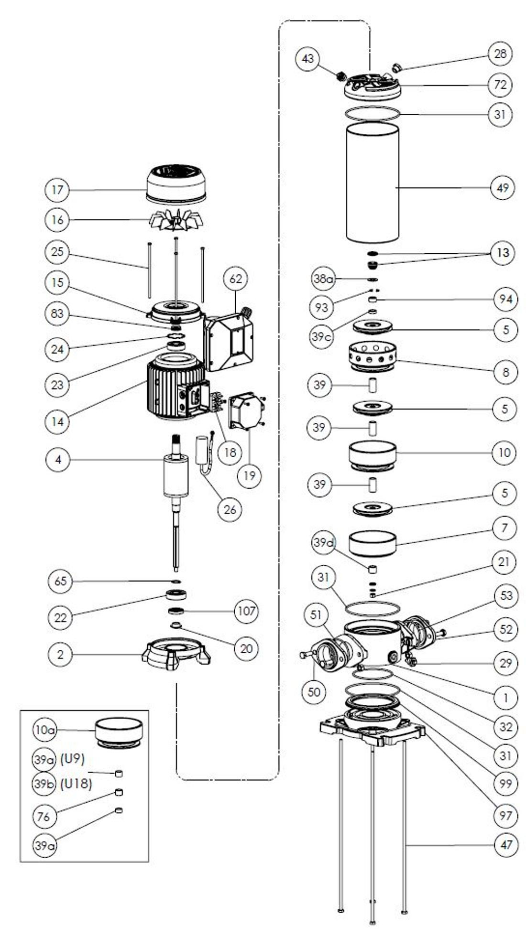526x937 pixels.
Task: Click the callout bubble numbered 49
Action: pos(503,188)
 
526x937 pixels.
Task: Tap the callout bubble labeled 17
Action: pos(57,190)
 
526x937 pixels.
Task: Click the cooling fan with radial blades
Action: pos(176,220)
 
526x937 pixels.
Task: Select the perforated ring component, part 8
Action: pos(373,356)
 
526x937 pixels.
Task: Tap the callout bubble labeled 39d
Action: pos(324,543)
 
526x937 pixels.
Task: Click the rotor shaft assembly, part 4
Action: pos(175,478)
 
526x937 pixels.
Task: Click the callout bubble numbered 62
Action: pos(236,279)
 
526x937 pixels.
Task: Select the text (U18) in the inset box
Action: pos(76,784)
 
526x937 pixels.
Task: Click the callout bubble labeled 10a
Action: pos(44,730)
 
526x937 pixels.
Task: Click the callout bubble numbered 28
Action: pos(500,54)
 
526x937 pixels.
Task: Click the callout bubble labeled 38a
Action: pos(323,279)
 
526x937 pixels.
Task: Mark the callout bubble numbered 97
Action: pos(505,815)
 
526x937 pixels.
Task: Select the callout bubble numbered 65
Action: pos(61,581)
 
